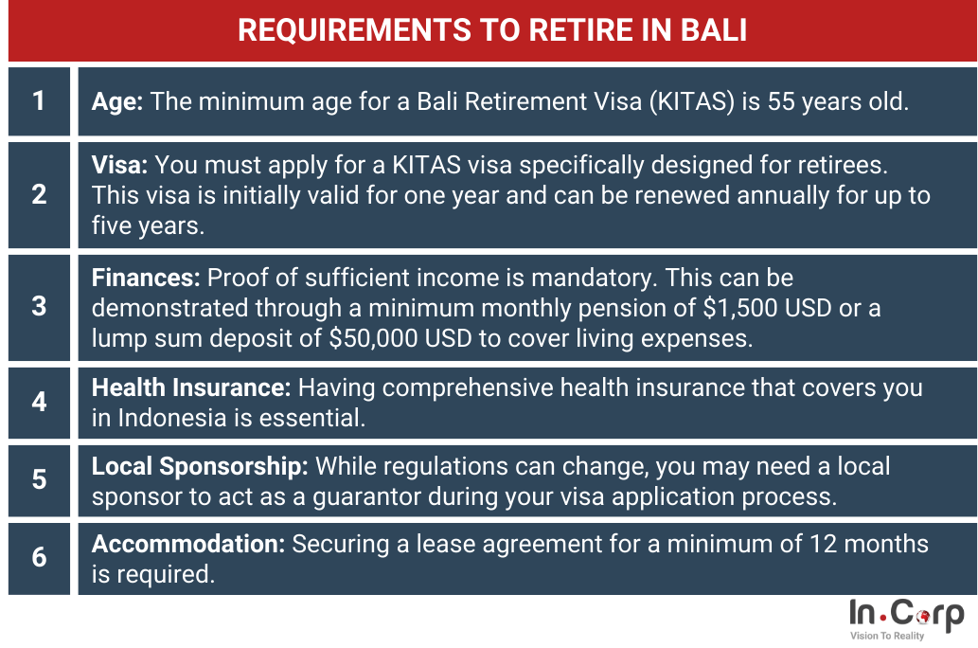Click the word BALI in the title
(x=714, y=30)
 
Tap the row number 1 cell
(x=40, y=101)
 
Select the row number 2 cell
(x=40, y=195)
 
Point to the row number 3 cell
(x=40, y=307)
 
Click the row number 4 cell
(x=40, y=403)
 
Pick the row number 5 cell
(x=40, y=480)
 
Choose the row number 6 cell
(x=40, y=558)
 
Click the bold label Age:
(x=117, y=101)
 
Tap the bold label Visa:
(x=119, y=165)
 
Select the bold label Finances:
(x=146, y=278)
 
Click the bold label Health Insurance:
(x=191, y=387)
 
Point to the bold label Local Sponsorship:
(x=200, y=466)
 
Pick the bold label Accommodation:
(x=188, y=544)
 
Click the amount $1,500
(x=740, y=308)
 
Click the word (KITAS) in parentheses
(x=692, y=101)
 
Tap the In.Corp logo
(x=906, y=620)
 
